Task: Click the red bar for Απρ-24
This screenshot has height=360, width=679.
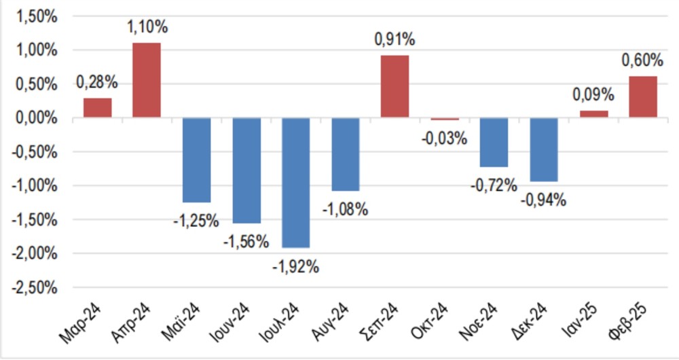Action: [x=147, y=80]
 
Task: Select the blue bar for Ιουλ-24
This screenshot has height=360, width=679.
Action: [x=295, y=183]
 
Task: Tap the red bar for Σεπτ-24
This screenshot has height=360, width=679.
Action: [x=394, y=86]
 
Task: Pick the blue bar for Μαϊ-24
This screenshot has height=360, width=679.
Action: [x=196, y=160]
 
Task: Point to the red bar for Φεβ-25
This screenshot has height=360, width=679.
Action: [x=642, y=97]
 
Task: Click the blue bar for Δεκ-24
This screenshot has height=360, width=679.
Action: [x=544, y=149]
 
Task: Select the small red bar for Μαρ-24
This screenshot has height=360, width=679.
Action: [x=97, y=108]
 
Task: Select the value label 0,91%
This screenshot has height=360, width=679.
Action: [x=394, y=39]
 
